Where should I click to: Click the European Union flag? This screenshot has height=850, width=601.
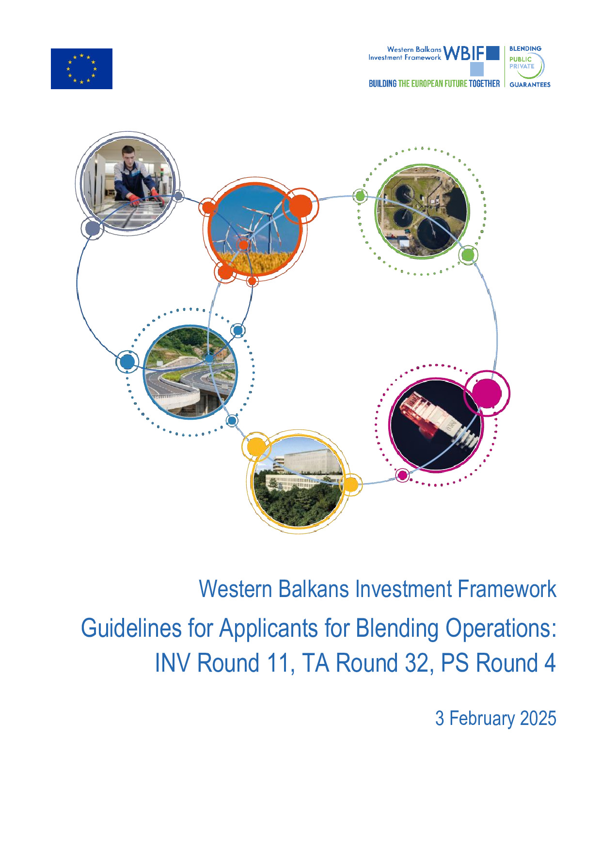tap(81, 69)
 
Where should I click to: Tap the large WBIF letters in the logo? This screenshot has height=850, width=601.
tap(464, 53)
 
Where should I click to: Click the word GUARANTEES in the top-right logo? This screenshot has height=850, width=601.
tap(530, 84)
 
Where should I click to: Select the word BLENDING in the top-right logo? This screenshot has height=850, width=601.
tap(525, 48)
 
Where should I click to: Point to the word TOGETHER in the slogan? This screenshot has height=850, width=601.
tap(484, 83)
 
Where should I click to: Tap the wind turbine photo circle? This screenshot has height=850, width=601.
tap(254, 229)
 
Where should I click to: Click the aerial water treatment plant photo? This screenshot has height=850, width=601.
tap(422, 211)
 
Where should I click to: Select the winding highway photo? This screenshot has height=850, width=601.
tap(190, 372)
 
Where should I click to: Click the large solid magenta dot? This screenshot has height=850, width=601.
tap(486, 393)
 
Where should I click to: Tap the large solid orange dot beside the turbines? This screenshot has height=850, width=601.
tap(300, 205)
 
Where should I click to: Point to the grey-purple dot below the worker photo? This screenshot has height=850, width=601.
tap(93, 228)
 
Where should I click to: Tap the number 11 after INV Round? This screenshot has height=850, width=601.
tap(279, 663)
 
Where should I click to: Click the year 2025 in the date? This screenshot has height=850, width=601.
tap(538, 718)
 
